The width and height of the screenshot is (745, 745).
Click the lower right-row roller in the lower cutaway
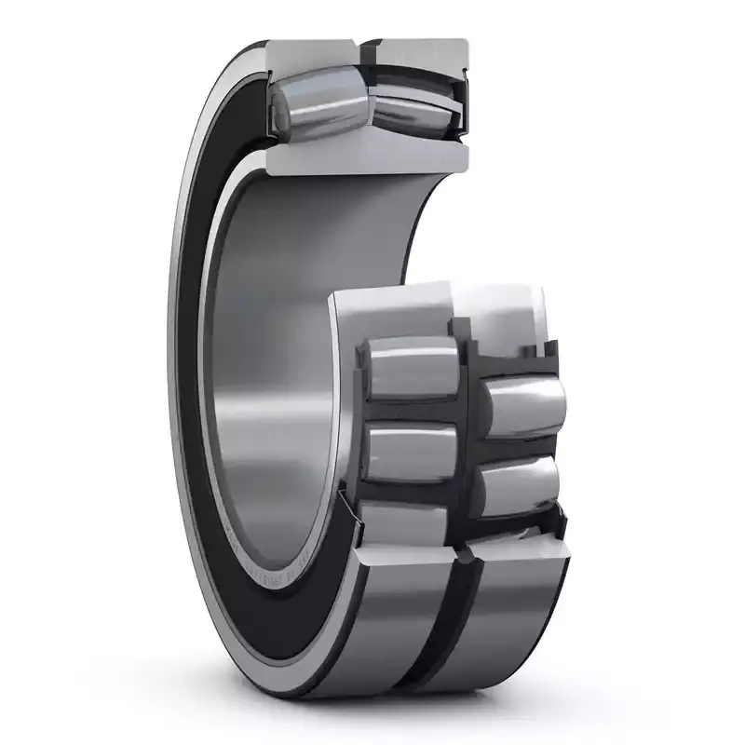pos(521,484)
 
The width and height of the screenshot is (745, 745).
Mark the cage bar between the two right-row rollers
pos(521,447)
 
